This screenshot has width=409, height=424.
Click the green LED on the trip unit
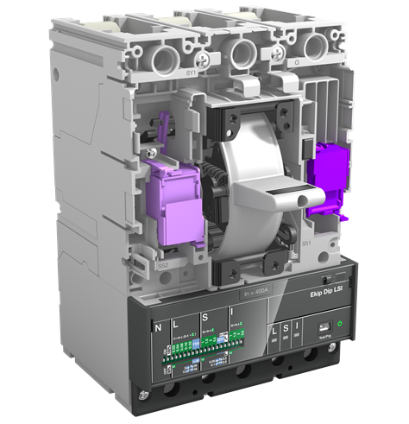coord(339,326)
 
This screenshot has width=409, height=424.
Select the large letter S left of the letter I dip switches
coord(204,320)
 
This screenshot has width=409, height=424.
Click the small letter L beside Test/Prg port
coord(274,331)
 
